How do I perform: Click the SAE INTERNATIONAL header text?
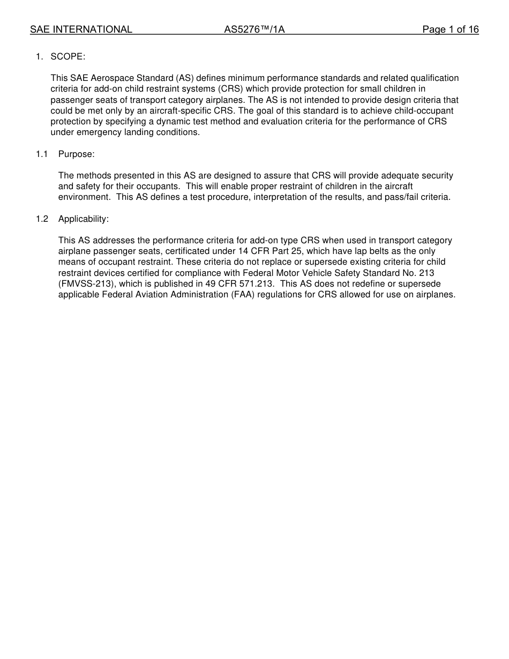coord(81,30)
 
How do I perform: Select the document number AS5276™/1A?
coord(254,30)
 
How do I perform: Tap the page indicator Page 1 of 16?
coord(450,30)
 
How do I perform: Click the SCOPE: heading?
coord(68,57)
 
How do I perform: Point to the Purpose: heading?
coord(77,154)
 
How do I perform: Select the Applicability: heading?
coord(84,219)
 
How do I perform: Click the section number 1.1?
coord(42,154)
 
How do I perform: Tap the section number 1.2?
coord(42,219)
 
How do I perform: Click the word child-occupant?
coord(426,111)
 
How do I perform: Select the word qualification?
coord(432,78)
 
